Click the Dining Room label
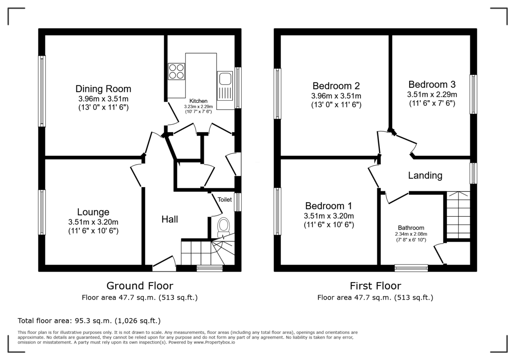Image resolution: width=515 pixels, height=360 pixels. click(103, 89)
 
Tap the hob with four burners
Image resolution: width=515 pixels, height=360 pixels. click(176, 72)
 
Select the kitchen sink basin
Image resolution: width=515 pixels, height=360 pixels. click(225, 78)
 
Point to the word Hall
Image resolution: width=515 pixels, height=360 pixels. click(170, 219)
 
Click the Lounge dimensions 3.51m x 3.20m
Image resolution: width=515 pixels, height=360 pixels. click(93, 222)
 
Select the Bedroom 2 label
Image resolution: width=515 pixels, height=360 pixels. click(336, 86)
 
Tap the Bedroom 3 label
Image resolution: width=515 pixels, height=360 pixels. click(432, 84)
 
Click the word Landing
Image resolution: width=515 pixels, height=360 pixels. click(425, 175)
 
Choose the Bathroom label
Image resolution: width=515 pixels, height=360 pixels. click(411, 228)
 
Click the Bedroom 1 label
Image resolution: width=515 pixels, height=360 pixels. click(329, 206)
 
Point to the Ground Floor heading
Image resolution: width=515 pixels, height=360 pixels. click(140, 286)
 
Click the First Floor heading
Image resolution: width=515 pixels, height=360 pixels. click(375, 286)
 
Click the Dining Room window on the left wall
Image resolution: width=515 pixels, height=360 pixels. click(41, 91)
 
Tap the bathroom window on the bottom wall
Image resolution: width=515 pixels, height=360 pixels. click(411, 268)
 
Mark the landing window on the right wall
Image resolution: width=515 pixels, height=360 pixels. click(473, 173)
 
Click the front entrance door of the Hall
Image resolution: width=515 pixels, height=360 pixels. click(164, 264)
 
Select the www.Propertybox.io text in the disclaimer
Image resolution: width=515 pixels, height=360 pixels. click(214, 342)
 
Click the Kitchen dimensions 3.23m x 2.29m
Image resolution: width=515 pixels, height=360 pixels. click(198, 107)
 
